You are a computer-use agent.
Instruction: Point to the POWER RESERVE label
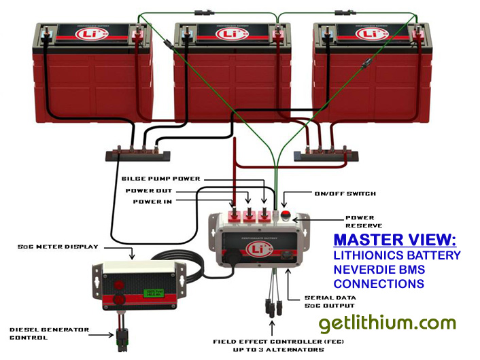pyautogui.click(x=363, y=221)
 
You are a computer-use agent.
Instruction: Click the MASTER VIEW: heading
pyautogui.click(x=395, y=240)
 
